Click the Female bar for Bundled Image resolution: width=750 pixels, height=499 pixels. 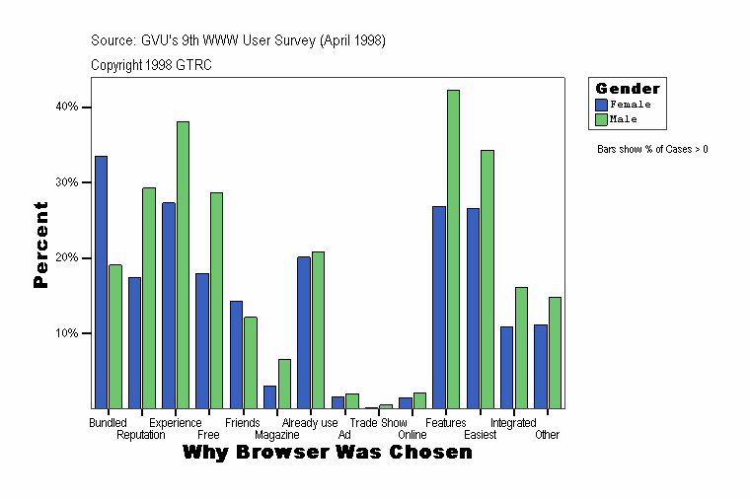pyautogui.click(x=101, y=282)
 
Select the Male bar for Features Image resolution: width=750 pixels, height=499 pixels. pyautogui.click(x=453, y=249)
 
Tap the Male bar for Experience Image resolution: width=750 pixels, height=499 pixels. pyautogui.click(x=183, y=264)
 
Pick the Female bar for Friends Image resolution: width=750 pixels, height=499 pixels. pyautogui.click(x=236, y=354)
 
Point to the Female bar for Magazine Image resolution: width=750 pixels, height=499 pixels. pyautogui.click(x=269, y=396)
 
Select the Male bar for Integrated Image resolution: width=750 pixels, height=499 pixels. pyautogui.click(x=521, y=347)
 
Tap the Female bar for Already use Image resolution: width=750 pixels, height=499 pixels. pyautogui.click(x=304, y=332)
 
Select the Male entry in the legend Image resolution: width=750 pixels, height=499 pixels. pyautogui.click(x=623, y=119)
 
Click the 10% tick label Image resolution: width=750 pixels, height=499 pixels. pyautogui.click(x=67, y=333)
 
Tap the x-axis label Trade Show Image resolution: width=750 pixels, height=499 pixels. pyautogui.click(x=379, y=423)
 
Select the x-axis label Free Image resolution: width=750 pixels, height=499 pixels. pyautogui.click(x=208, y=435)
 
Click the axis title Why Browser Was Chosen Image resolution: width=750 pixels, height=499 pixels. pyautogui.click(x=328, y=453)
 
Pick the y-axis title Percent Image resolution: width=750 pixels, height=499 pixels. pyautogui.click(x=40, y=245)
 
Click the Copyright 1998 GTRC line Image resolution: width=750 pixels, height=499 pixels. pyautogui.click(x=151, y=65)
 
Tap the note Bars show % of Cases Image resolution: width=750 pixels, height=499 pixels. pyautogui.click(x=652, y=150)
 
